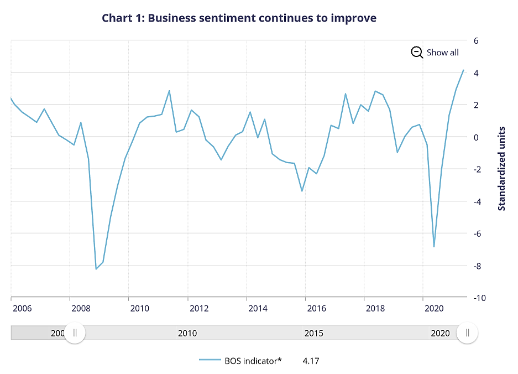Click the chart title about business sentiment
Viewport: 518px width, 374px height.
click(x=239, y=18)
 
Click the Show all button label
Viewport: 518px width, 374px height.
click(x=442, y=53)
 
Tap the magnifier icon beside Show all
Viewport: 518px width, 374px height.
click(x=417, y=53)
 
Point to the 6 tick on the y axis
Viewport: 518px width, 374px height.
click(x=475, y=41)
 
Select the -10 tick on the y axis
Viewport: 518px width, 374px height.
click(x=477, y=298)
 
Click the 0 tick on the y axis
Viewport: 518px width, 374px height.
click(x=475, y=137)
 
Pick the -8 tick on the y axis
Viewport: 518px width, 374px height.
click(x=476, y=266)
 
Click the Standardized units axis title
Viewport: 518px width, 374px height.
click(x=502, y=168)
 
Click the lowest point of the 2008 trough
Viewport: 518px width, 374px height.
click(x=96, y=269)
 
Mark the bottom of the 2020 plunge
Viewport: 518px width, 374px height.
click(x=434, y=247)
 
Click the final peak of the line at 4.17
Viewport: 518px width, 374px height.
click(x=463, y=70)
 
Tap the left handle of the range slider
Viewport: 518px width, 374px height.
click(x=75, y=333)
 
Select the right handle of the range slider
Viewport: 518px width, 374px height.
click(x=467, y=333)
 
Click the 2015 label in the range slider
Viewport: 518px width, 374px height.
click(x=313, y=334)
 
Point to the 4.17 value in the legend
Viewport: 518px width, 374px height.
click(x=311, y=361)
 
